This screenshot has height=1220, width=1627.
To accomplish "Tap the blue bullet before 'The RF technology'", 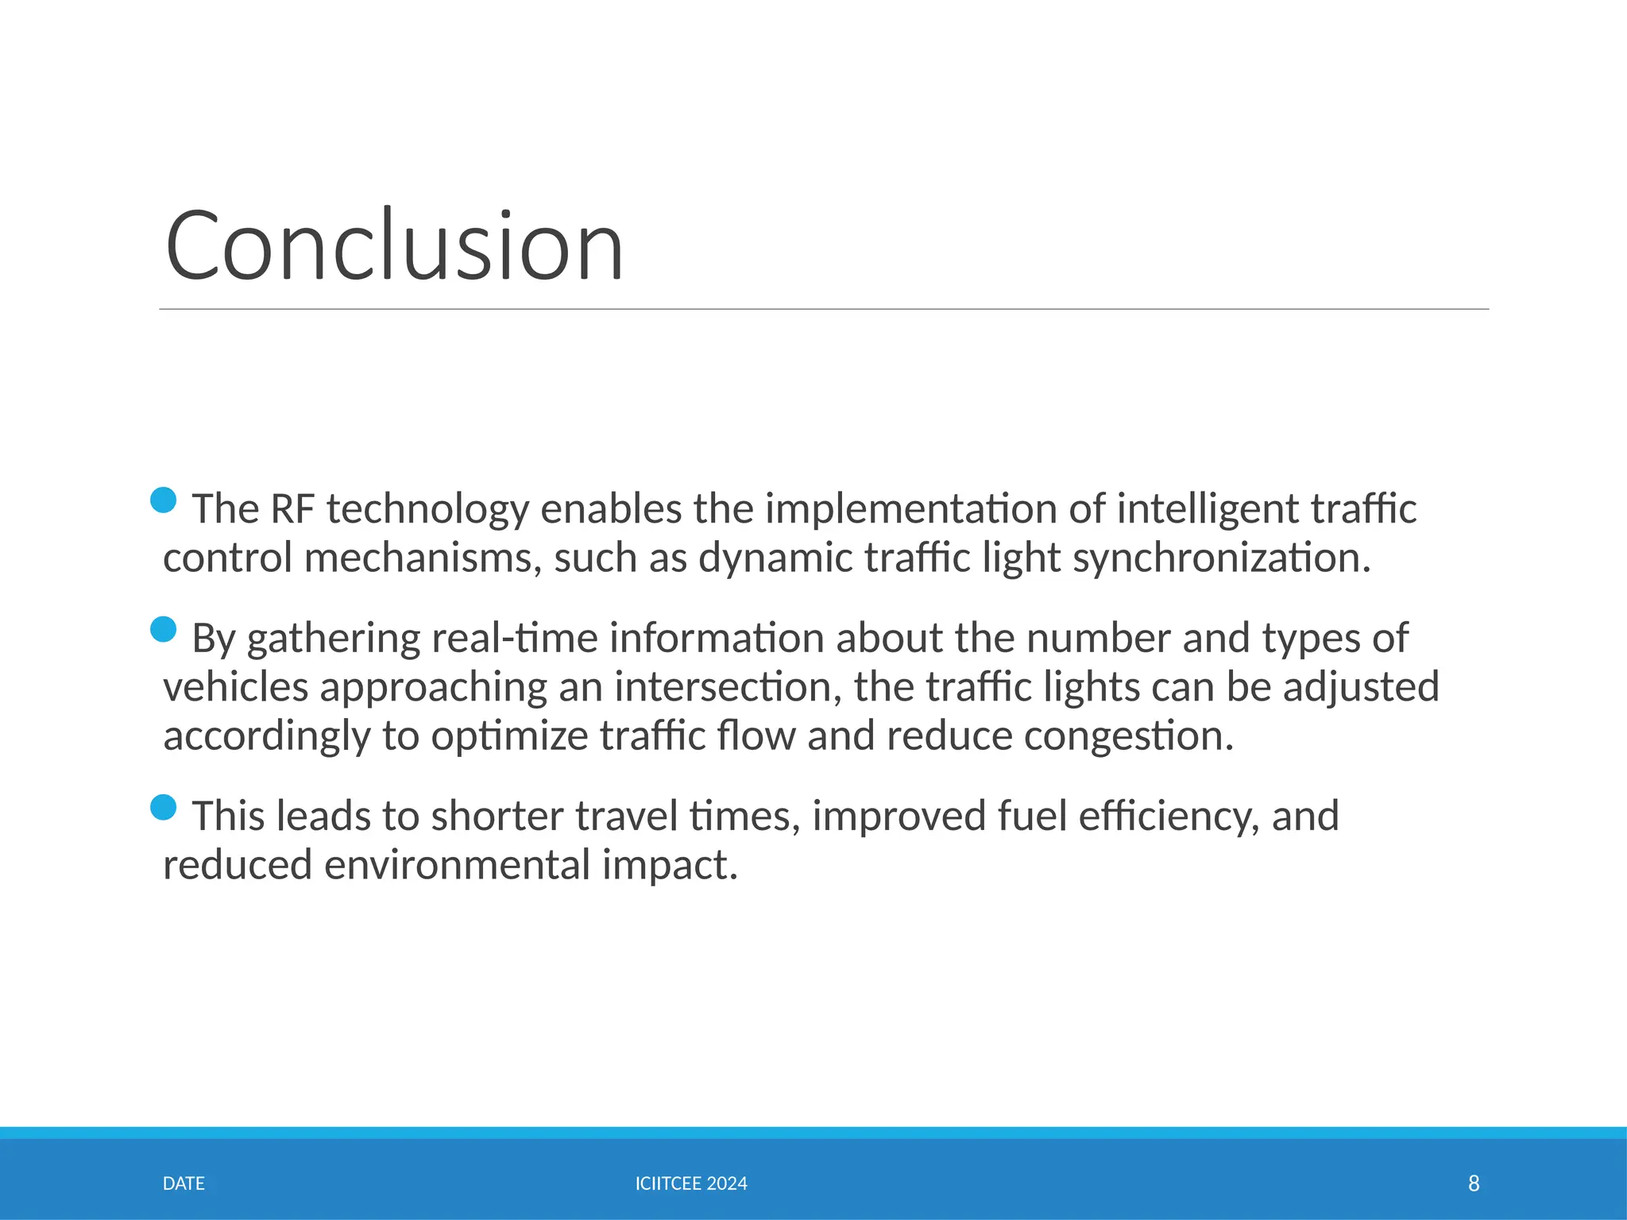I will [x=163, y=500].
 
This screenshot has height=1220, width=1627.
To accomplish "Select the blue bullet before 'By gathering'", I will [x=163, y=630].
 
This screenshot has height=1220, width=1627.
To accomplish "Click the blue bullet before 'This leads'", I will [x=163, y=808].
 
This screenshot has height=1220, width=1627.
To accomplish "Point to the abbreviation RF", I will [x=292, y=509].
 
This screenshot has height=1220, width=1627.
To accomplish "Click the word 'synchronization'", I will [x=1220, y=558].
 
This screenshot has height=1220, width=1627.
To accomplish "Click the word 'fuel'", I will [x=1031, y=817].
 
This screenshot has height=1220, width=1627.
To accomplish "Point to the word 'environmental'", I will [x=457, y=866].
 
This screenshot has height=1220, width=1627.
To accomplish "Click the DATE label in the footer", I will [x=184, y=1183].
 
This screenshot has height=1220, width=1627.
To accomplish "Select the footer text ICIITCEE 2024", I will [x=691, y=1183].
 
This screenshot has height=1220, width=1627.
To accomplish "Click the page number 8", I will [x=1474, y=1183].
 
